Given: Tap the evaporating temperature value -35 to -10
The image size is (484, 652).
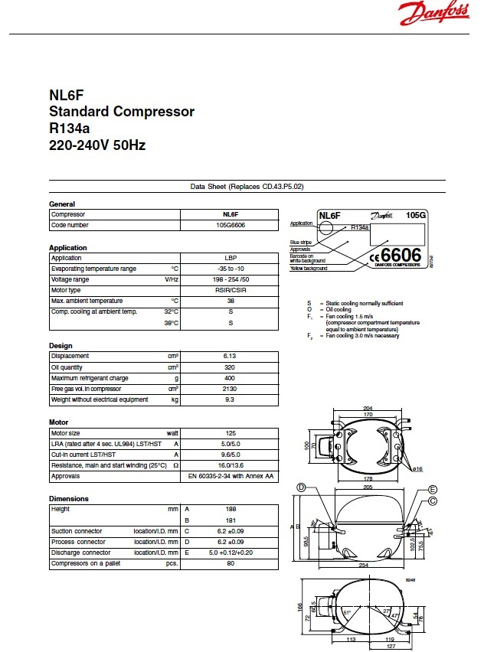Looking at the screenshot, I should [x=230, y=269].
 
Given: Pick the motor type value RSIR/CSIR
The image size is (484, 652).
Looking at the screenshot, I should [x=230, y=290].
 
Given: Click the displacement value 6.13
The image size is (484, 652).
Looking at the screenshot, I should [x=230, y=356].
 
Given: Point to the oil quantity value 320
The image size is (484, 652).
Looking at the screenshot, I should [x=230, y=367].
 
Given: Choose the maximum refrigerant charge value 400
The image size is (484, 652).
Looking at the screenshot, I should [x=230, y=378].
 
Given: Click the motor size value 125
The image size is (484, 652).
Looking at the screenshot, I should [x=230, y=433].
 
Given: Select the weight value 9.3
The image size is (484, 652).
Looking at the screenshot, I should [x=230, y=399].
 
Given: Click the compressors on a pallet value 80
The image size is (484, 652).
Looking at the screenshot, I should [x=230, y=564].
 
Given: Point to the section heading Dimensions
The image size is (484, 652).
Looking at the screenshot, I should [x=68, y=498].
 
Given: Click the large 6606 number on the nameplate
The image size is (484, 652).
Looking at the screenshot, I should [x=401, y=255].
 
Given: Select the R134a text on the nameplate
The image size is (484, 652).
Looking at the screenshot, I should [x=360, y=227].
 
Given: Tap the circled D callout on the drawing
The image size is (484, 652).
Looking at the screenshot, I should [x=301, y=487].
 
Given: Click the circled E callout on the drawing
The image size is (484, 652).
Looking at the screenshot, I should [x=433, y=489].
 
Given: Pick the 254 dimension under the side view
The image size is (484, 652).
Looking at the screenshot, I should [x=365, y=566].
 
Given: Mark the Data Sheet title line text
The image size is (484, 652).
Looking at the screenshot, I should [x=247, y=187].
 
